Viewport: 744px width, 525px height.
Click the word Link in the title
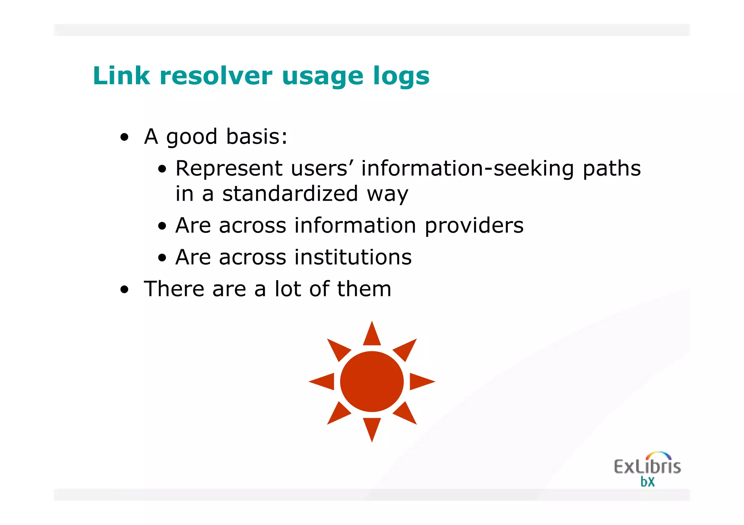click(x=121, y=76)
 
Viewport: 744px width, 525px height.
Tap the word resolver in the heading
click(x=216, y=76)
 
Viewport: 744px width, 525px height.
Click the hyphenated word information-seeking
click(x=467, y=168)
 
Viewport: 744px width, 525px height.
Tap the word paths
click(x=611, y=169)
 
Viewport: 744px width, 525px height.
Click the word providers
click(x=474, y=226)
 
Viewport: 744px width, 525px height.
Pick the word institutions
click(x=353, y=257)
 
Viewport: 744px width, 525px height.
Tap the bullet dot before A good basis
click(x=125, y=138)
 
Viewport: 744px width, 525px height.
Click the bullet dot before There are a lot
click(x=125, y=290)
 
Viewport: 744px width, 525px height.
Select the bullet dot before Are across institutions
click(x=162, y=258)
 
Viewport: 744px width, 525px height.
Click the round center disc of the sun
click(x=372, y=381)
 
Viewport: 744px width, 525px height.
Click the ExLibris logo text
click(x=647, y=467)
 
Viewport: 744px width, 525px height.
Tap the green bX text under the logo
click(x=647, y=482)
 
